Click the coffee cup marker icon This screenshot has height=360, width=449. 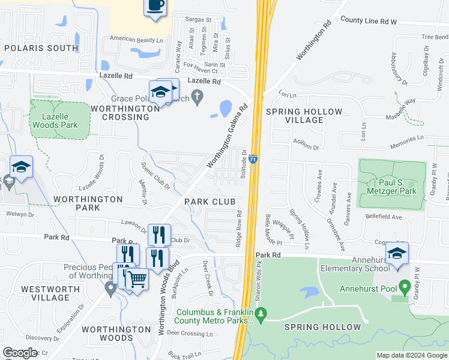155,6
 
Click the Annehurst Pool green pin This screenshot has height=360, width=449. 404,286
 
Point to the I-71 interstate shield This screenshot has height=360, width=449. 254,159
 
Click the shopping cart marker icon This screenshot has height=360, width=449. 137,279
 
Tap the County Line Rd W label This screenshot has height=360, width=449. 369,21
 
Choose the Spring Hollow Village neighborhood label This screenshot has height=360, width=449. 304,116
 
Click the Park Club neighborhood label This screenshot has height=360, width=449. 209,202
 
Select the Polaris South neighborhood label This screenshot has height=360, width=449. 40,47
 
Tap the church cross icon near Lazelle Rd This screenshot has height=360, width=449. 199,98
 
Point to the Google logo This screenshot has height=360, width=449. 20,353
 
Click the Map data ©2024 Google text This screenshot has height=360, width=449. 412,355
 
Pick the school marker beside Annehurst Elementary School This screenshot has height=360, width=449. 397,254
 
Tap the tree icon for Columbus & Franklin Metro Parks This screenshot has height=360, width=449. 261,313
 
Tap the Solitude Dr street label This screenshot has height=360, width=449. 244,164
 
